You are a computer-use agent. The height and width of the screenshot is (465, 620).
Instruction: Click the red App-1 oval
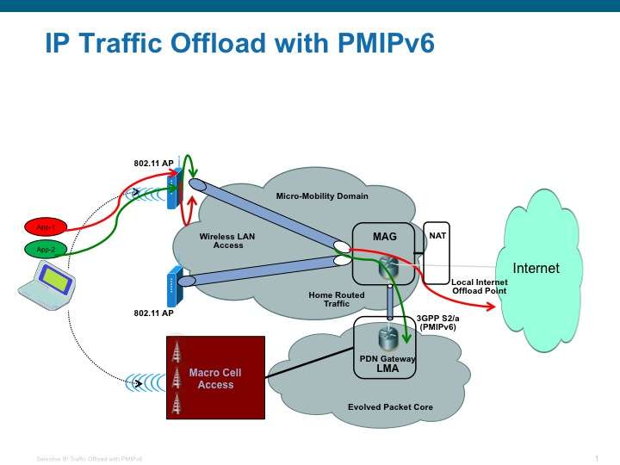pos(46,228)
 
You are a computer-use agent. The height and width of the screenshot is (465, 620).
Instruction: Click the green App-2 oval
pos(46,250)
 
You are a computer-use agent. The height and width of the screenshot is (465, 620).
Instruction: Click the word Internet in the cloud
pos(536,268)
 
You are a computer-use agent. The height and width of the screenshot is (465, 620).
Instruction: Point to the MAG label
pos(384,235)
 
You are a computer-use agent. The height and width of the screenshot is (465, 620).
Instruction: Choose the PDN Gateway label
pos(387,357)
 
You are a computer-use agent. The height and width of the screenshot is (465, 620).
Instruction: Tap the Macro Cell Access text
pos(215,379)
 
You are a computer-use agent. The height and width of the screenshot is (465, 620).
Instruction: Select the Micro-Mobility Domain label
pos(322,196)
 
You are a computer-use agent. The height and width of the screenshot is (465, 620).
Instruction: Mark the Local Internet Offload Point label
pos(480,287)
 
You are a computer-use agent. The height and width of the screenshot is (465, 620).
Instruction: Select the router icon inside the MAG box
pos(385,269)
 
